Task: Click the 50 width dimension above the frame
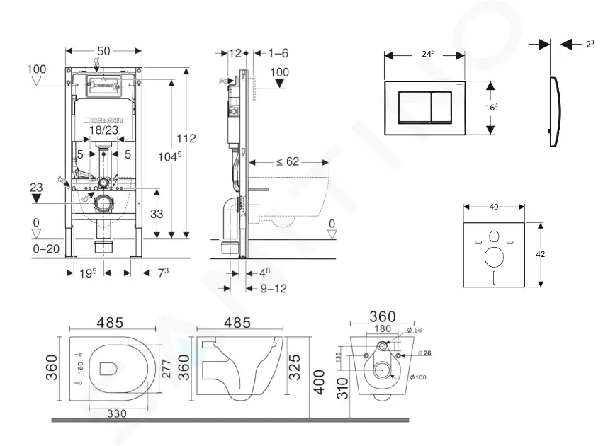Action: tap(103, 52)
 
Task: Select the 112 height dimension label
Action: tap(187, 138)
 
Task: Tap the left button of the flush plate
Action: tap(414, 107)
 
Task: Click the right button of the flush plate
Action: tap(442, 107)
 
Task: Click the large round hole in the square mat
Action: tap(494, 256)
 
